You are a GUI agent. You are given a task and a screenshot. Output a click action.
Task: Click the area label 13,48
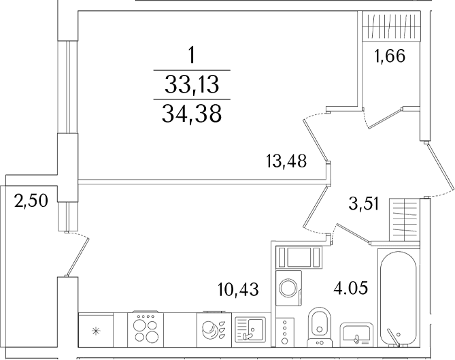[x=286, y=161]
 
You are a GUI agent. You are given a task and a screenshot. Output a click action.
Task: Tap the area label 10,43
[x=238, y=289]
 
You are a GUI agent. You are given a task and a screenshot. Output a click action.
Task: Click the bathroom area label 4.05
[x=351, y=288]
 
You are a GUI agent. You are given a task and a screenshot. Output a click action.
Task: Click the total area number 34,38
[x=192, y=114]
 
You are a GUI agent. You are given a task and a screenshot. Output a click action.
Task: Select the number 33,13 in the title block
[x=192, y=85]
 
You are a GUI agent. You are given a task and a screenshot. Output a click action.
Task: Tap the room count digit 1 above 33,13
[x=191, y=55]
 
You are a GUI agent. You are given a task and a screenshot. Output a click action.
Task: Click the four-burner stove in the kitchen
[x=146, y=329]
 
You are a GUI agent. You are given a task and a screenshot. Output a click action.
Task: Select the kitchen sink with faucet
[x=250, y=330]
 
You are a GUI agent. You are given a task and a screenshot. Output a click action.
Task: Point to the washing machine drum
[x=288, y=287]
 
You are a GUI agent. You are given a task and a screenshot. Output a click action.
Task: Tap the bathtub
[x=399, y=299]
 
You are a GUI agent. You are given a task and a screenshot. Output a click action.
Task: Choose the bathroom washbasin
[x=356, y=334]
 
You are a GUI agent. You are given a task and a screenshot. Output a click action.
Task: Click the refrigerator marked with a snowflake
[x=96, y=330]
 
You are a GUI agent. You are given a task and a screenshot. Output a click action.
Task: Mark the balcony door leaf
[x=78, y=257]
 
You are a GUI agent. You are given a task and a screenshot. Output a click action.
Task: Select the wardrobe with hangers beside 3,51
[x=405, y=220]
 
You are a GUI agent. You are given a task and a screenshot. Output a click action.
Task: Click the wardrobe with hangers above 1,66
[x=391, y=25]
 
